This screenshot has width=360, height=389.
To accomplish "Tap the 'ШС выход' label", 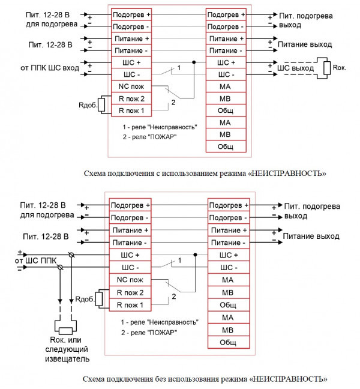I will [295, 68].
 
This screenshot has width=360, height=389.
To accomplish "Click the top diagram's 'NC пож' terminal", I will [131, 86].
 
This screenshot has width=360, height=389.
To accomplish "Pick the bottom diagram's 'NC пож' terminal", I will [129, 280].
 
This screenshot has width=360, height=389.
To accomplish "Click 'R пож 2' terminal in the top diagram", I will [131, 98].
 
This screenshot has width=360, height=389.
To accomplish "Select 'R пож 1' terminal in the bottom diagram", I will [129, 305].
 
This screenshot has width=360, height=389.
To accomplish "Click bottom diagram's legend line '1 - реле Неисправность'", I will [159, 322].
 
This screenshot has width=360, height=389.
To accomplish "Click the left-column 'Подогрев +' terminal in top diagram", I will [131, 13].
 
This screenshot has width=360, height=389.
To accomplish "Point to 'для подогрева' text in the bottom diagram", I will [50, 215].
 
